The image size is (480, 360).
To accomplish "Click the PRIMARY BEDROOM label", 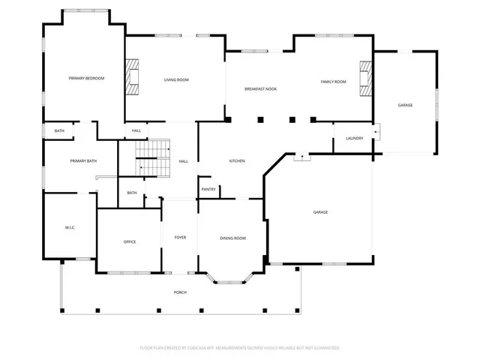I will click(86, 79).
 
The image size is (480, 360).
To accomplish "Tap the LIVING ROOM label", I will click(176, 79).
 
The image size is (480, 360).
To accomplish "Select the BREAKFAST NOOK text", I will click(260, 89).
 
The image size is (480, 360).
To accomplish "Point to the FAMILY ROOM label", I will click(333, 81).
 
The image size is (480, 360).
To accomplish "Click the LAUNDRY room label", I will click(355, 139).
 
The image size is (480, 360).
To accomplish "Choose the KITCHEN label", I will click(237, 161).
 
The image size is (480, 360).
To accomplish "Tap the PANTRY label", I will click(208, 189).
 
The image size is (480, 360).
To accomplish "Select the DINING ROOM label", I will click(232, 238).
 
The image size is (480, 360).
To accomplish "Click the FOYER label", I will click(180, 238).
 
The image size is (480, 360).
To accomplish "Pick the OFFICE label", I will click(130, 241).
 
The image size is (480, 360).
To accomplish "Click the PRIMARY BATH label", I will click(83, 161).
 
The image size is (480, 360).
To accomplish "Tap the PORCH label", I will click(180, 292).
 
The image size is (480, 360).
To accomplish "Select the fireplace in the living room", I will click(132, 80).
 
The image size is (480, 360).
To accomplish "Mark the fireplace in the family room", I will click(364, 79).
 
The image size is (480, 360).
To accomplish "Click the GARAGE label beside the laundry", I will click(405, 105).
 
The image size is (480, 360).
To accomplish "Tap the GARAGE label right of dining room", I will click(320, 212).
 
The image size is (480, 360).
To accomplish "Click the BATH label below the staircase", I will click(132, 193).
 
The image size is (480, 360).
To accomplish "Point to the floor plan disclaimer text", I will click(240, 348).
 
